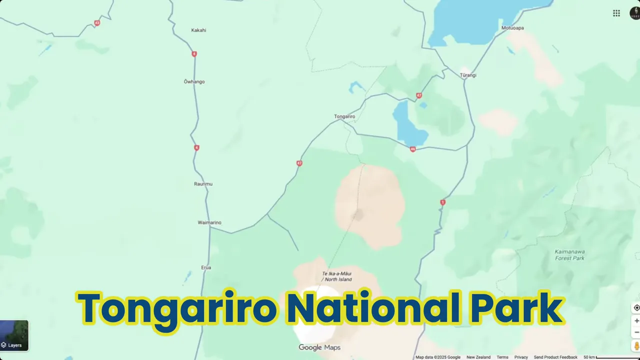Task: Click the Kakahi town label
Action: tap(198, 30)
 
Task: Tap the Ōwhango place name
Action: tap(194, 81)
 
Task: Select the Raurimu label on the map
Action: tap(203, 184)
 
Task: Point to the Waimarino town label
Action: tap(209, 222)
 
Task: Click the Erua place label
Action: tap(206, 267)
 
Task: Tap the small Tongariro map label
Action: tap(344, 116)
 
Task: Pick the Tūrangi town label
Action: tap(468, 75)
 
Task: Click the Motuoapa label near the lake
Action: tap(512, 28)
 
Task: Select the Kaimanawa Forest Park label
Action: tap(569, 255)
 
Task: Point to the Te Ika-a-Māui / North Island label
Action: tap(337, 276)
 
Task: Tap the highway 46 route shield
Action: tap(412, 149)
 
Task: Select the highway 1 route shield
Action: tap(442, 202)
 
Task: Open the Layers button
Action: tap(14, 335)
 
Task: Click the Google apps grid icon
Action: tap(616, 13)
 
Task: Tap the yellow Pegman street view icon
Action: tap(636, 345)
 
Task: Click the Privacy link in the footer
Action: tap(521, 357)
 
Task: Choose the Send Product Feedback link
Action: tap(555, 357)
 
